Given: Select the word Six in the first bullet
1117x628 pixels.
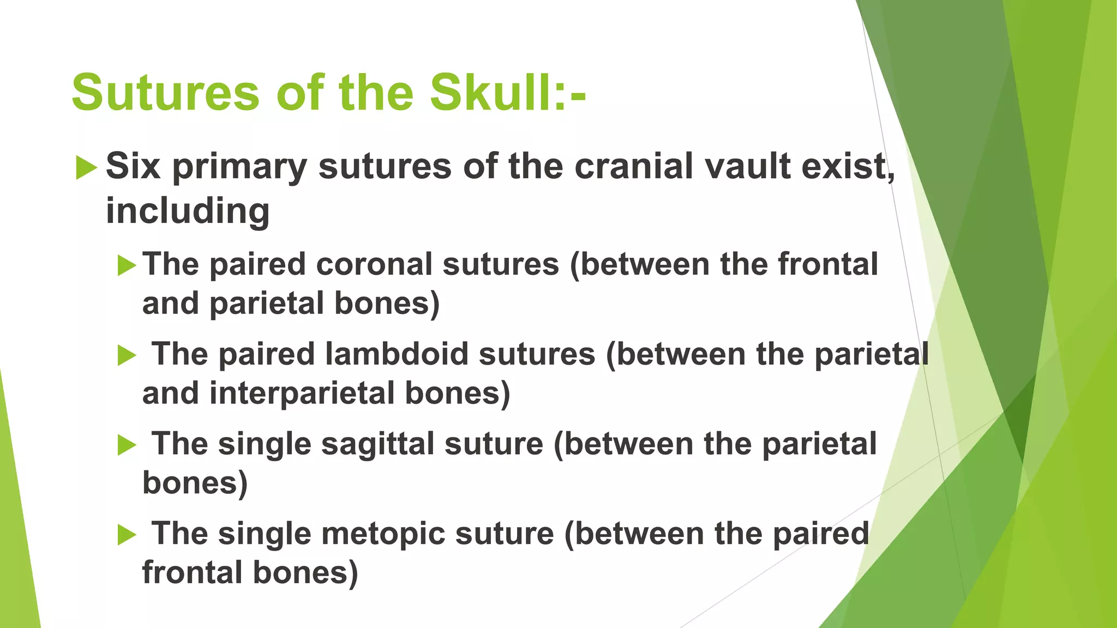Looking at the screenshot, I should tap(133, 166).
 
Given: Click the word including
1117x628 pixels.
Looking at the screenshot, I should tap(188, 211).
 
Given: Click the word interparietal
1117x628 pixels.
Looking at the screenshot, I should tap(302, 393).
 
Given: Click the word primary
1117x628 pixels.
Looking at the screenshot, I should tap(239, 167).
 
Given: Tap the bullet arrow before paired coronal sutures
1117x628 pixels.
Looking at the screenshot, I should tap(127, 266).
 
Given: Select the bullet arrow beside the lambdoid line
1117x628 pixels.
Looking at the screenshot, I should tap(127, 356).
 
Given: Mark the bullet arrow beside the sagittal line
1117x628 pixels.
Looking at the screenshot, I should tap(127, 445).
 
